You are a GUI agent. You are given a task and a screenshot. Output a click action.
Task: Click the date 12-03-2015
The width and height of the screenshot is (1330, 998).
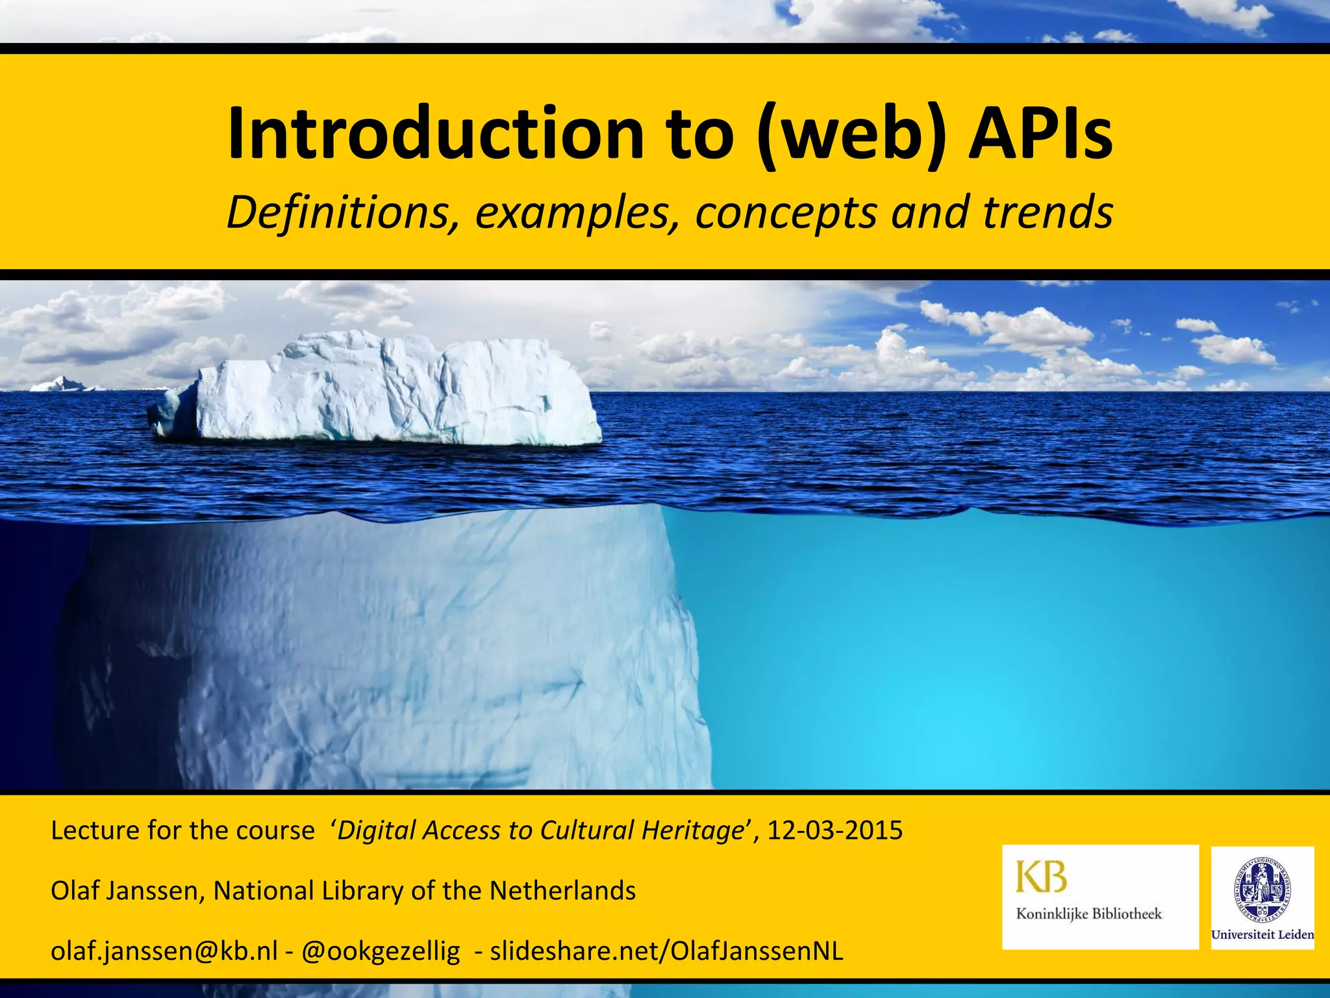[x=835, y=830]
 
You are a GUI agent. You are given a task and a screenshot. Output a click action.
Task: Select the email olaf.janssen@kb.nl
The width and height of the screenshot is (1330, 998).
[x=164, y=951]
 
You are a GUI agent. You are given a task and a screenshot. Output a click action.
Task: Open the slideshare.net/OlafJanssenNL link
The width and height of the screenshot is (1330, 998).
[x=666, y=951]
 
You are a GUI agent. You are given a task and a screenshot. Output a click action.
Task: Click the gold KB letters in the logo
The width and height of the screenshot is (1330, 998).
[x=1041, y=876]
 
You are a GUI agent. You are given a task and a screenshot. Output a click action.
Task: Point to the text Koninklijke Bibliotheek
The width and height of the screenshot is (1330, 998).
[x=1088, y=914]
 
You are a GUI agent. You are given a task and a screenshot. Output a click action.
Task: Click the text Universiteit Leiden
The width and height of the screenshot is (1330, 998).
[x=1262, y=935]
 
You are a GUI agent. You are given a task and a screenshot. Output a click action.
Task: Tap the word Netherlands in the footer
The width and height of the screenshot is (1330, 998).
[x=562, y=891]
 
